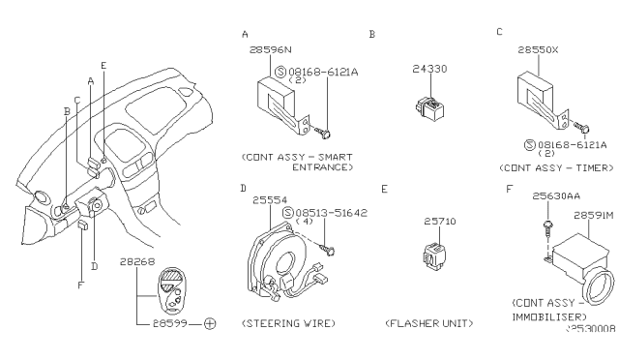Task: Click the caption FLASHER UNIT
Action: pyautogui.click(x=427, y=322)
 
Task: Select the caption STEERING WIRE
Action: pyautogui.click(x=288, y=322)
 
